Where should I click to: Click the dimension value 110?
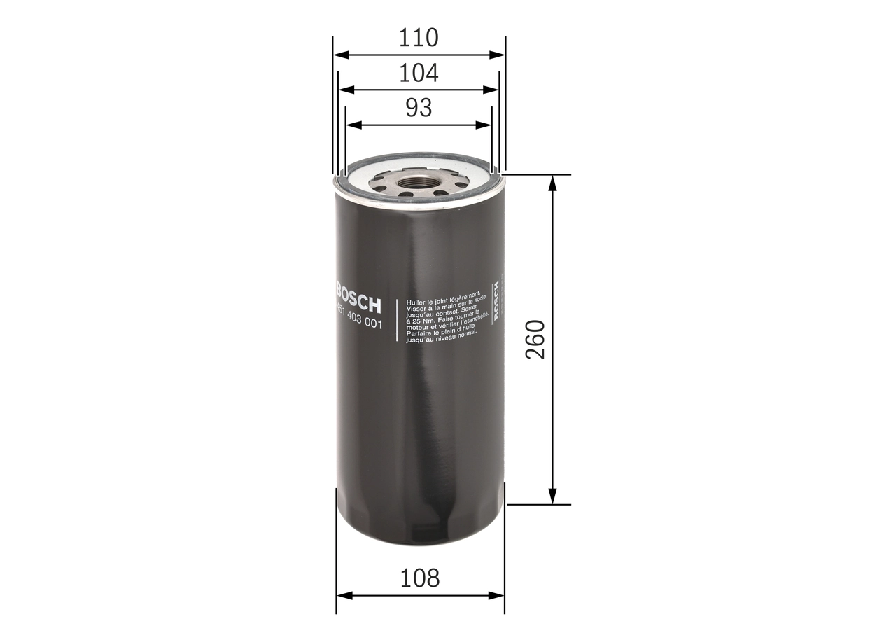pyautogui.click(x=419, y=37)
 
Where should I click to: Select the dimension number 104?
pyautogui.click(x=419, y=73)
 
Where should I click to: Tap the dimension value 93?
pyautogui.click(x=419, y=108)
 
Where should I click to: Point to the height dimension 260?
pyautogui.click(x=535, y=340)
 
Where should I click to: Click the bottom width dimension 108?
pyautogui.click(x=420, y=578)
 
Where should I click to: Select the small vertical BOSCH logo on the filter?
pyautogui.click(x=496, y=302)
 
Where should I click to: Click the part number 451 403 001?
pyautogui.click(x=358, y=321)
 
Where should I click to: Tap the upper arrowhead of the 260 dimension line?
pyautogui.click(x=553, y=182)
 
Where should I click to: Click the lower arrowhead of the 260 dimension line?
pyautogui.click(x=553, y=496)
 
